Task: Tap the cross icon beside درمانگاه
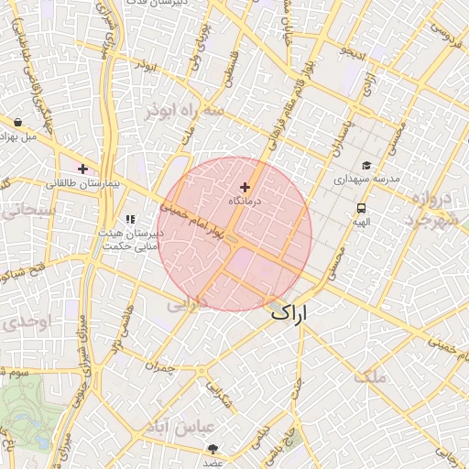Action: click(x=244, y=187)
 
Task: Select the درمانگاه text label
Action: click(x=245, y=200)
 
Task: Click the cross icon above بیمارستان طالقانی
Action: click(x=83, y=169)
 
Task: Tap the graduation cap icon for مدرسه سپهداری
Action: click(x=366, y=166)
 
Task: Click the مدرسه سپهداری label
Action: click(x=366, y=180)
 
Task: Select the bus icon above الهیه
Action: click(x=362, y=209)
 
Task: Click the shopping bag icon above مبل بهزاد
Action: click(x=18, y=121)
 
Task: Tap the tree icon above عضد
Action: click(x=214, y=448)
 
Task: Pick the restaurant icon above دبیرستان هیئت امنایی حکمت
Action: click(x=130, y=220)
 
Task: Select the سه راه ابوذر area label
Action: click(x=183, y=111)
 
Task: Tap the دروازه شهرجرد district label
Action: click(x=439, y=210)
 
